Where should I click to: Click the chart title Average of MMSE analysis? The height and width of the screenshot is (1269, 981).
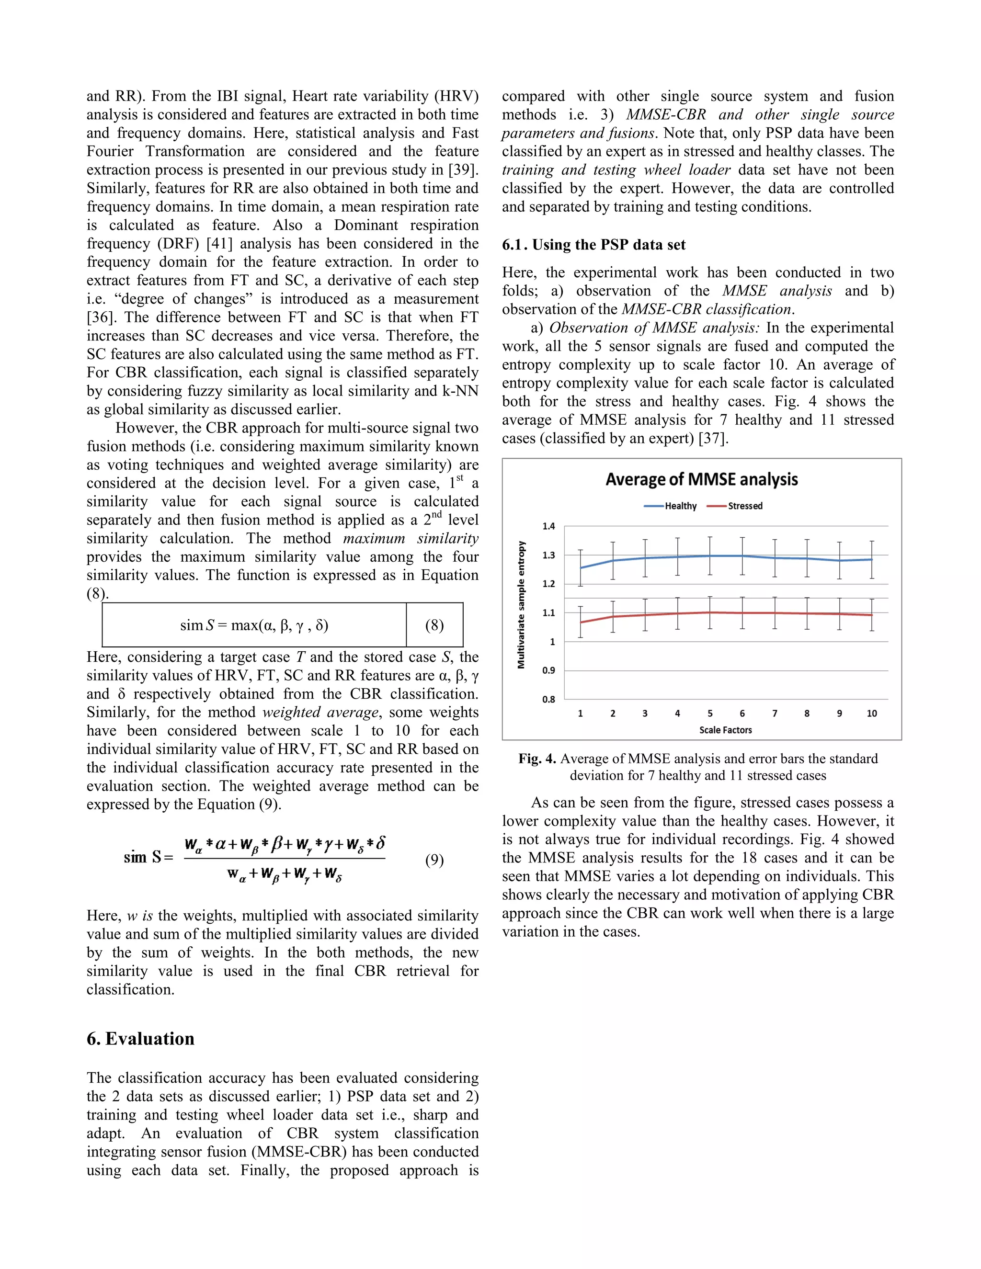(x=701, y=479)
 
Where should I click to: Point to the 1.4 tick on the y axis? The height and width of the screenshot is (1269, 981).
(x=548, y=526)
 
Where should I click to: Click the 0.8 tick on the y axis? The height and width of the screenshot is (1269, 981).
(x=548, y=700)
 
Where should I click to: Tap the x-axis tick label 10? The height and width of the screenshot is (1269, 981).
(x=871, y=714)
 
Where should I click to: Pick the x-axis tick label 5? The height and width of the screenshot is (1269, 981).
(x=709, y=714)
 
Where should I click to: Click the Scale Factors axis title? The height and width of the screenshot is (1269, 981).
(x=725, y=730)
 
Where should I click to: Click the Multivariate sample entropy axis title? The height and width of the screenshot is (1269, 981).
(x=521, y=605)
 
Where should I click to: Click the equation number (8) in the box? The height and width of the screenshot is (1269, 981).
(x=434, y=625)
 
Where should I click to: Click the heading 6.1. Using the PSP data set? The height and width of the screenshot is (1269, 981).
(x=593, y=245)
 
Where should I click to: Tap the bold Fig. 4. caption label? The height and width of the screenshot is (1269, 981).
(x=537, y=759)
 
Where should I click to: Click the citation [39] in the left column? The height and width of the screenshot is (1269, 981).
(x=463, y=170)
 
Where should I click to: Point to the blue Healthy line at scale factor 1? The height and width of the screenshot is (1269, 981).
(x=581, y=567)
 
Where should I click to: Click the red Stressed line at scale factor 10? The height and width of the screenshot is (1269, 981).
(x=871, y=615)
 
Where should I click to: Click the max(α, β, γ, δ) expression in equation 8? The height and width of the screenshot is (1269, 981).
(x=280, y=625)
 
